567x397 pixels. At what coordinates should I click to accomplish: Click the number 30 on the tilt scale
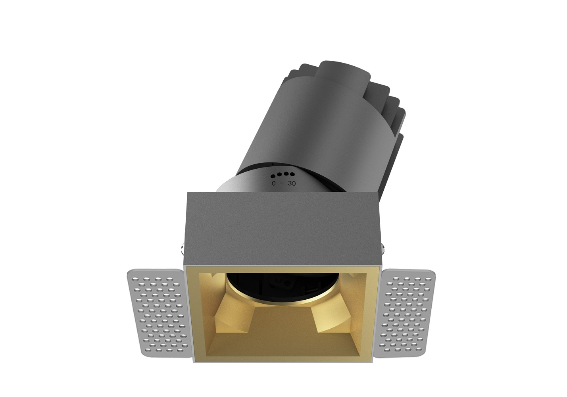pyautogui.click(x=292, y=183)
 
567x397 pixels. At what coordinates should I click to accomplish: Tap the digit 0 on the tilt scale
pyautogui.click(x=274, y=183)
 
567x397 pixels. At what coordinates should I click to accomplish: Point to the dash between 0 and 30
pyautogui.click(x=282, y=183)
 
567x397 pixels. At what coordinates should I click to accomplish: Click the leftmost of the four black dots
pyautogui.click(x=273, y=176)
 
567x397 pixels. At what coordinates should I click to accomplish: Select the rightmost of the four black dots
pyautogui.click(x=292, y=174)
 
